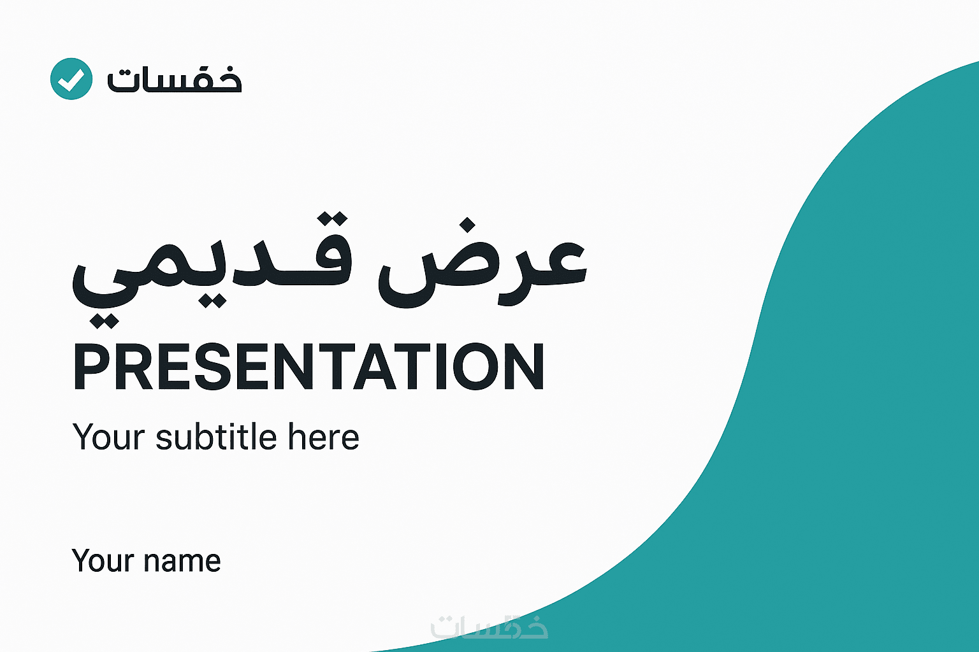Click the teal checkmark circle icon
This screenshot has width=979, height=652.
pyautogui.click(x=71, y=78)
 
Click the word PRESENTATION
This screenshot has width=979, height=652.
pyautogui.click(x=309, y=366)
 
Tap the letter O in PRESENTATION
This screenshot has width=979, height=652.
pyautogui.click(x=475, y=366)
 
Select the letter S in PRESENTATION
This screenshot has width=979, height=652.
pyautogui.click(x=213, y=366)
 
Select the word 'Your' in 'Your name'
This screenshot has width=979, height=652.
pyautogui.click(x=102, y=560)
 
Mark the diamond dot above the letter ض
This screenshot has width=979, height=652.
pyautogui.click(x=468, y=225)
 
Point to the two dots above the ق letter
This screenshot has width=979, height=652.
pyautogui.click(x=332, y=218)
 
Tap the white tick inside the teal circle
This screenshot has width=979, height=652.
pyautogui.click(x=71, y=80)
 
